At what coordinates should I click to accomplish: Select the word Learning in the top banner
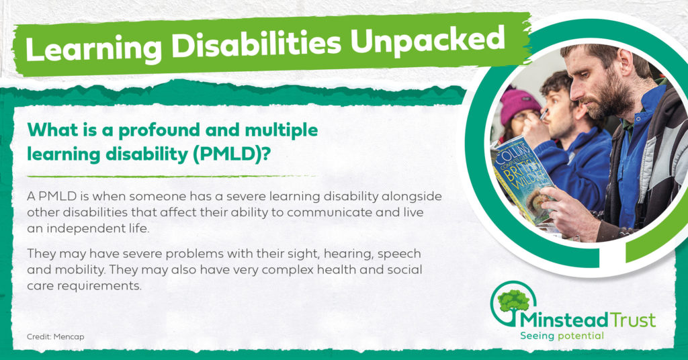click(93, 48)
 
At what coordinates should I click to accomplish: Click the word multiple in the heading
click(282, 130)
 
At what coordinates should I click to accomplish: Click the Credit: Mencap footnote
click(55, 336)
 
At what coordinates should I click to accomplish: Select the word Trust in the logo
click(633, 320)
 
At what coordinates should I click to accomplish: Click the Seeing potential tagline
click(562, 336)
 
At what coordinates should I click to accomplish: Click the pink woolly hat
click(519, 105)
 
